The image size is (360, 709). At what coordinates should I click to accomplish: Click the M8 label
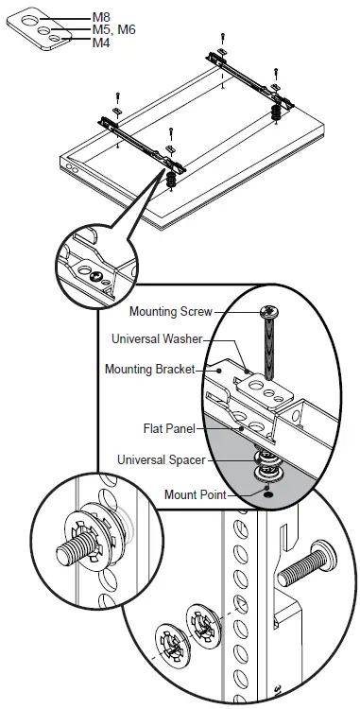[x=98, y=17]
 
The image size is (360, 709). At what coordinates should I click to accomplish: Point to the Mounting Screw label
[x=171, y=311]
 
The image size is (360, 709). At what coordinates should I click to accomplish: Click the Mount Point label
[x=192, y=493]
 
